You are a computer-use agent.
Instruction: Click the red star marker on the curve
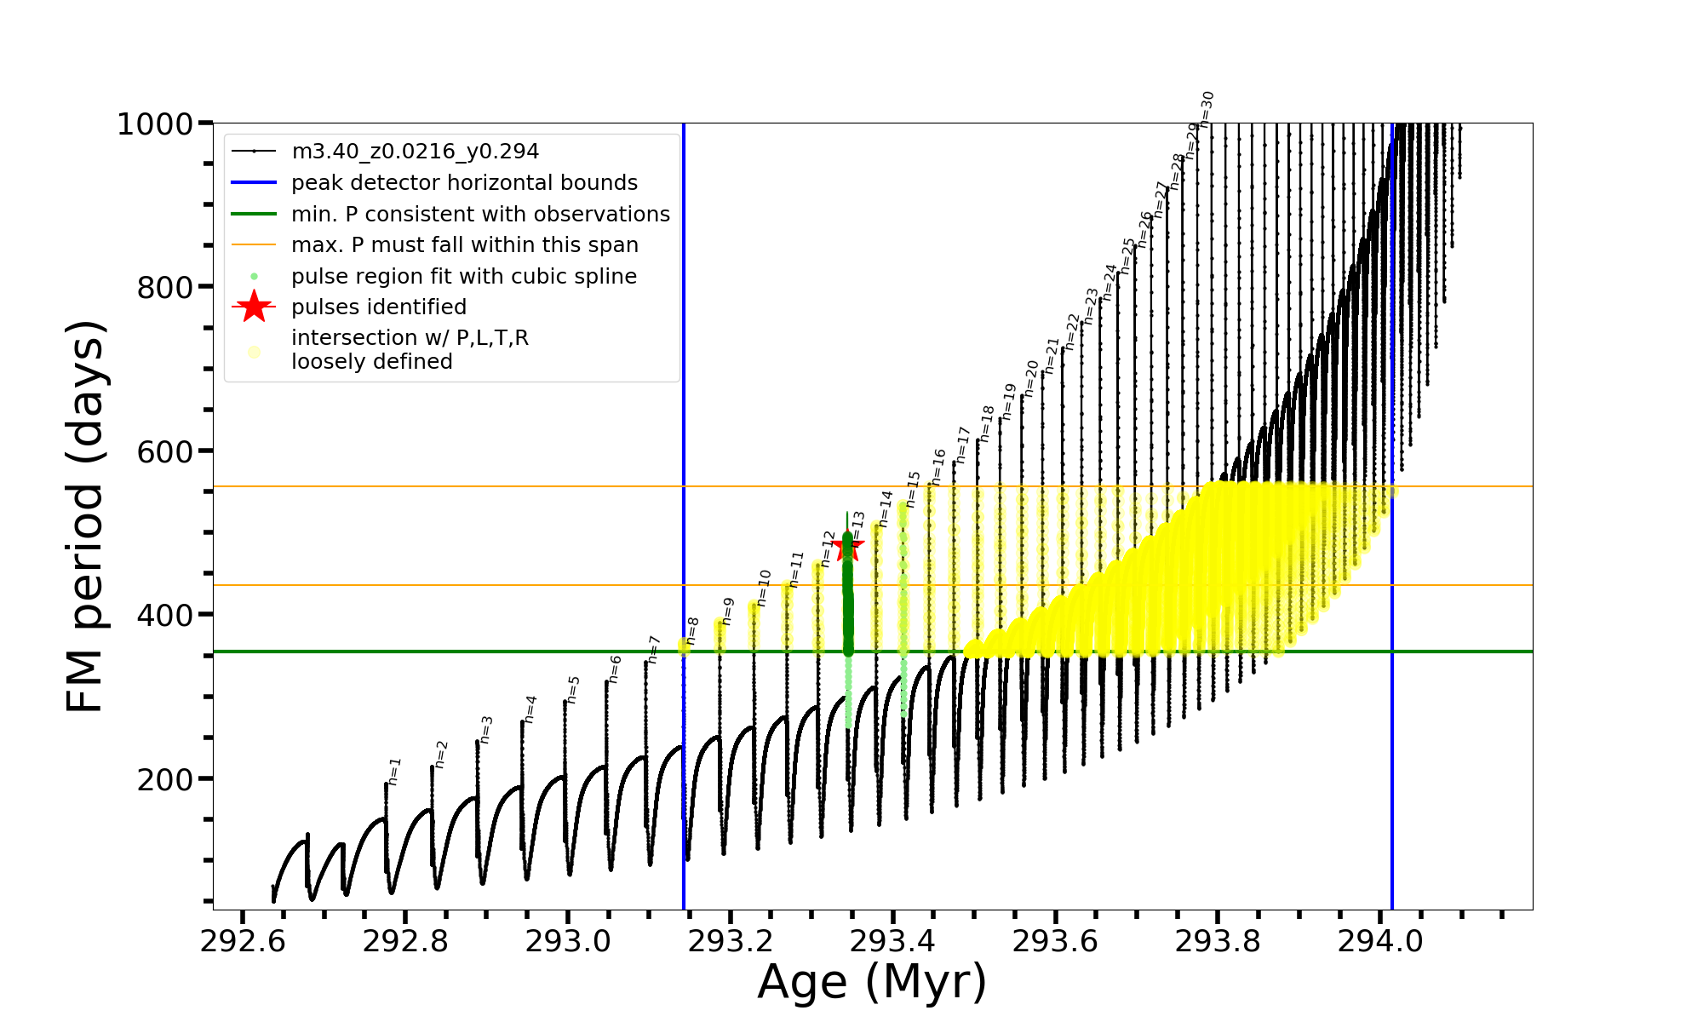[x=847, y=546]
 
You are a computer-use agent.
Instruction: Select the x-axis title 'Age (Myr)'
[x=872, y=981]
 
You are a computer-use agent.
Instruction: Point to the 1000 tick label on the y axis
[x=155, y=124]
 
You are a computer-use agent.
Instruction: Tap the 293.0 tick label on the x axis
[x=567, y=942]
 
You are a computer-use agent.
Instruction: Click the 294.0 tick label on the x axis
[x=1380, y=942]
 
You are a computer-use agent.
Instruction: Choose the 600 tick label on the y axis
[x=165, y=451]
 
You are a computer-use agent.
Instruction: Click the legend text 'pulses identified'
[x=379, y=307]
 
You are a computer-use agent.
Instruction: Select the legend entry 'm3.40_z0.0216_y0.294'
[x=415, y=152]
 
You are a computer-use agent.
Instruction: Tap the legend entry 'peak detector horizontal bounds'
[x=464, y=183]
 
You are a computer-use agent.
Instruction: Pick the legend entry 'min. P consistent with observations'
[x=480, y=214]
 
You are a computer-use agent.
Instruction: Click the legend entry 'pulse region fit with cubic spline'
[x=463, y=276]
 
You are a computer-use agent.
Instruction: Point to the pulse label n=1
[x=393, y=771]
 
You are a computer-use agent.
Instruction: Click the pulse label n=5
[x=573, y=689]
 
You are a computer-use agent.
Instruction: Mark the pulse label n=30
[x=1207, y=108]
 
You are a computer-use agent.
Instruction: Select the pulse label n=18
[x=987, y=422]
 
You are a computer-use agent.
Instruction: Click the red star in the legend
[x=254, y=307]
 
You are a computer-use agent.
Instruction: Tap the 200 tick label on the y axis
[x=165, y=779]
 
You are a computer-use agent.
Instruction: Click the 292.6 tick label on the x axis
[x=242, y=942]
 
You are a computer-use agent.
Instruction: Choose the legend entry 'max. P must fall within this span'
[x=464, y=245]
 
